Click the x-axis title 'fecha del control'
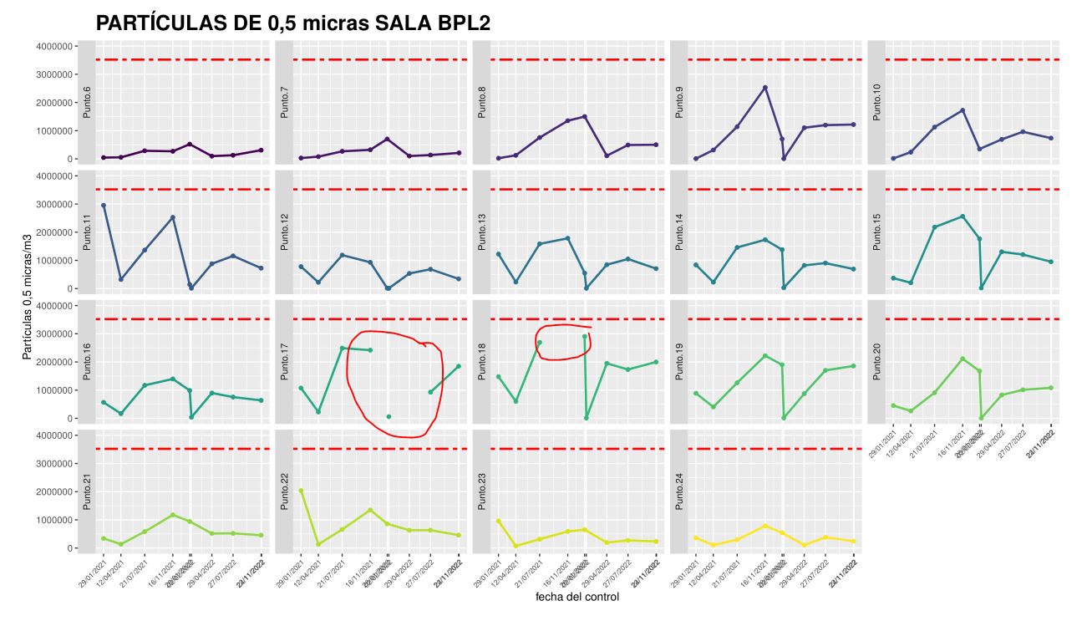click(x=577, y=597)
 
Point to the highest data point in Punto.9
click(x=765, y=87)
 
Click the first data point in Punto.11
click(x=104, y=206)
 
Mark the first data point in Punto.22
click(x=301, y=491)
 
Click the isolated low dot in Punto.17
click(x=389, y=416)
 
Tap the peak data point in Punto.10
click(x=963, y=110)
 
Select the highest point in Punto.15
click(x=963, y=216)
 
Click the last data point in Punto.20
click(x=1050, y=388)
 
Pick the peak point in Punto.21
click(x=173, y=515)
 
